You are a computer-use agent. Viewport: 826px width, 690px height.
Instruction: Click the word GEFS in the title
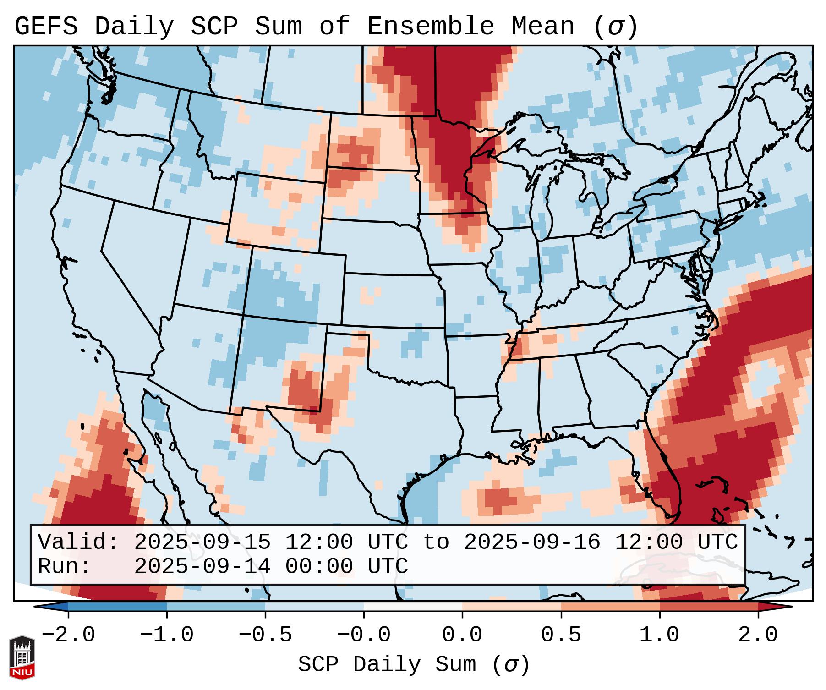pyautogui.click(x=46, y=26)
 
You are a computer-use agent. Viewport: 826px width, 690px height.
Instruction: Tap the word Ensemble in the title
pyautogui.click(x=431, y=26)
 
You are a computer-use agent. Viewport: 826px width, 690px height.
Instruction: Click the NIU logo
pyautogui.click(x=22, y=657)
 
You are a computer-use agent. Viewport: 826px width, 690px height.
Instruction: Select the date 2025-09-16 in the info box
pyautogui.click(x=532, y=542)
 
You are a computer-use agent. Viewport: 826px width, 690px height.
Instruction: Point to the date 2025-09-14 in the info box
pyautogui.click(x=202, y=566)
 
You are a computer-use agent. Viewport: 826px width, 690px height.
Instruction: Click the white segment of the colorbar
pyautogui.click(x=413, y=607)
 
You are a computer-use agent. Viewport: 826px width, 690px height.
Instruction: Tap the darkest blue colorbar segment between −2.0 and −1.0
pyautogui.click(x=117, y=607)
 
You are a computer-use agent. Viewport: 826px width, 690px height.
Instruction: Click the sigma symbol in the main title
pyautogui.click(x=615, y=27)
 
